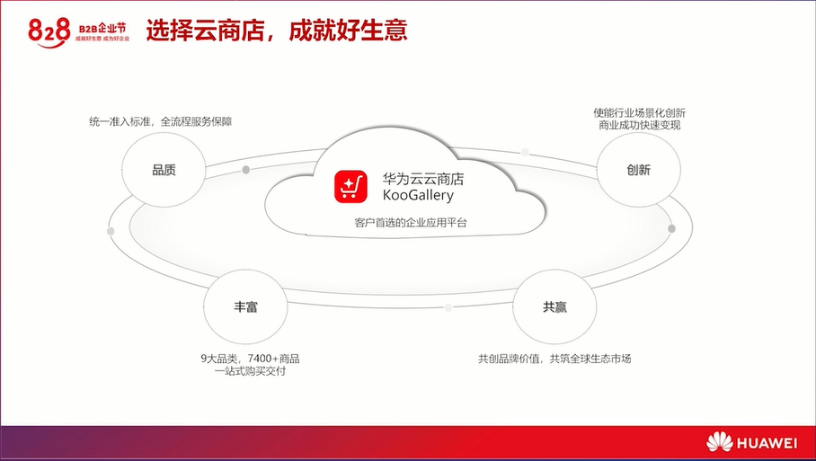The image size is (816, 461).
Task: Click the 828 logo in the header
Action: click(49, 32)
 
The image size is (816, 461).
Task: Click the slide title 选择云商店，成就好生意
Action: click(276, 31)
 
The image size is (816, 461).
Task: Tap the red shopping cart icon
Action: click(350, 186)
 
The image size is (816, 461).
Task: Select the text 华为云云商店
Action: click(423, 179)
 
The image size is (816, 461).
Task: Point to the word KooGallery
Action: click(419, 196)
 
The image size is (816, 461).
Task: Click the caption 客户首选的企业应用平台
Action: click(411, 223)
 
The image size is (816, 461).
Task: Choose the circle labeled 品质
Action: click(164, 170)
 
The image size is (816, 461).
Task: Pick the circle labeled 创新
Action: click(638, 170)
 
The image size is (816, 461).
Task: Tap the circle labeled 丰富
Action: click(245, 306)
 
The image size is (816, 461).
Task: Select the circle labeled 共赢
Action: click(554, 306)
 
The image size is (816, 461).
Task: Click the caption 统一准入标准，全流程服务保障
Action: click(161, 121)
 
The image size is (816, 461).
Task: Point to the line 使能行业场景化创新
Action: click(640, 113)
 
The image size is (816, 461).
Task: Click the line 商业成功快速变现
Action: click(640, 125)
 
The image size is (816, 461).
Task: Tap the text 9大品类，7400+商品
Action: click(251, 359)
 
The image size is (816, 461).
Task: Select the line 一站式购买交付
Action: click(251, 371)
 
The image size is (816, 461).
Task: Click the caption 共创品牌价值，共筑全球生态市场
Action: click(554, 359)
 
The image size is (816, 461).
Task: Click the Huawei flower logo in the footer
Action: click(719, 442)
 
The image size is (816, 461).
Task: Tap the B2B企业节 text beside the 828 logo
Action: click(102, 29)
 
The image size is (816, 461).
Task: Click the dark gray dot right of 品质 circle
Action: click(246, 170)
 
